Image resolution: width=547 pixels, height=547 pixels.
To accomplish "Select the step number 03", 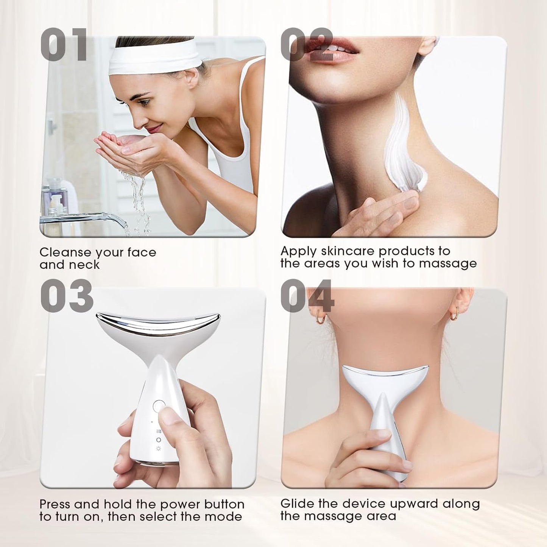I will (67, 296).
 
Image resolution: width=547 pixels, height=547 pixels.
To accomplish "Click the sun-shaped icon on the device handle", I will (159, 449).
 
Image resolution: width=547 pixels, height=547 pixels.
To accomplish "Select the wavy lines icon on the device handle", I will (159, 431).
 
